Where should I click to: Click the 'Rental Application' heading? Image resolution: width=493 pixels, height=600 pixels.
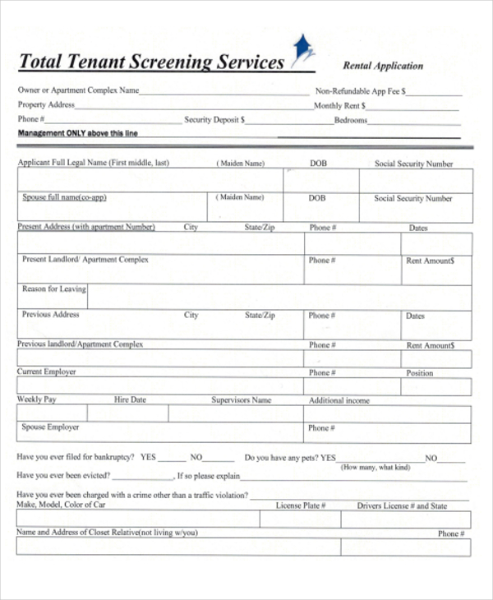tap(382, 66)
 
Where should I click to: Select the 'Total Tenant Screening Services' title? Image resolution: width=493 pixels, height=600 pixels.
tap(151, 62)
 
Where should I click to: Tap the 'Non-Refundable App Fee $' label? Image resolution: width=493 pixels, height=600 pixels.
tap(360, 92)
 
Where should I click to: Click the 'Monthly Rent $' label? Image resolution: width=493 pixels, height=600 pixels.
tap(340, 106)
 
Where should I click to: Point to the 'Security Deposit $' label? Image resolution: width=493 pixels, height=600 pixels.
tap(214, 120)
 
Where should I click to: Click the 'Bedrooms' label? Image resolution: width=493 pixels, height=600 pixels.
tap(350, 120)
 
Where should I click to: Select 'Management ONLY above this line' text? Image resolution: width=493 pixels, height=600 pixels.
tap(77, 133)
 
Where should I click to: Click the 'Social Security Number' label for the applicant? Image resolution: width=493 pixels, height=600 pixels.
tap(413, 164)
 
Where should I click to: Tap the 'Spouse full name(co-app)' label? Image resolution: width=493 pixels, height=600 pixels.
tap(64, 198)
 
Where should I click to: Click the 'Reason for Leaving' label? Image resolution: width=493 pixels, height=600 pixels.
tap(53, 289)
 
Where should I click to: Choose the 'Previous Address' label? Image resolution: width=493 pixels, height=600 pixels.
tap(50, 315)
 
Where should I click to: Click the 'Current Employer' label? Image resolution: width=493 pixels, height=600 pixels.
tap(46, 372)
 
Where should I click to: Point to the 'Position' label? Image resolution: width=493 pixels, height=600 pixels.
tap(419, 373)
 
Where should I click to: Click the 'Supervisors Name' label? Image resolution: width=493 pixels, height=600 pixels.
tap(241, 400)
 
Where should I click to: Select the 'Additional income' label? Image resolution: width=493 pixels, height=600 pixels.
tap(339, 401)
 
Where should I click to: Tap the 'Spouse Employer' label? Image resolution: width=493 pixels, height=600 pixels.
tap(50, 427)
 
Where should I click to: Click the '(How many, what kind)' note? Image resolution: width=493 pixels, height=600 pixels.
tap(376, 467)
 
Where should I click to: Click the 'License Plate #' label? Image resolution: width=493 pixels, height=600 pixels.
tap(301, 505)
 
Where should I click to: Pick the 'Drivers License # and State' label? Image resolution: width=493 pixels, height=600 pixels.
tap(402, 506)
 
